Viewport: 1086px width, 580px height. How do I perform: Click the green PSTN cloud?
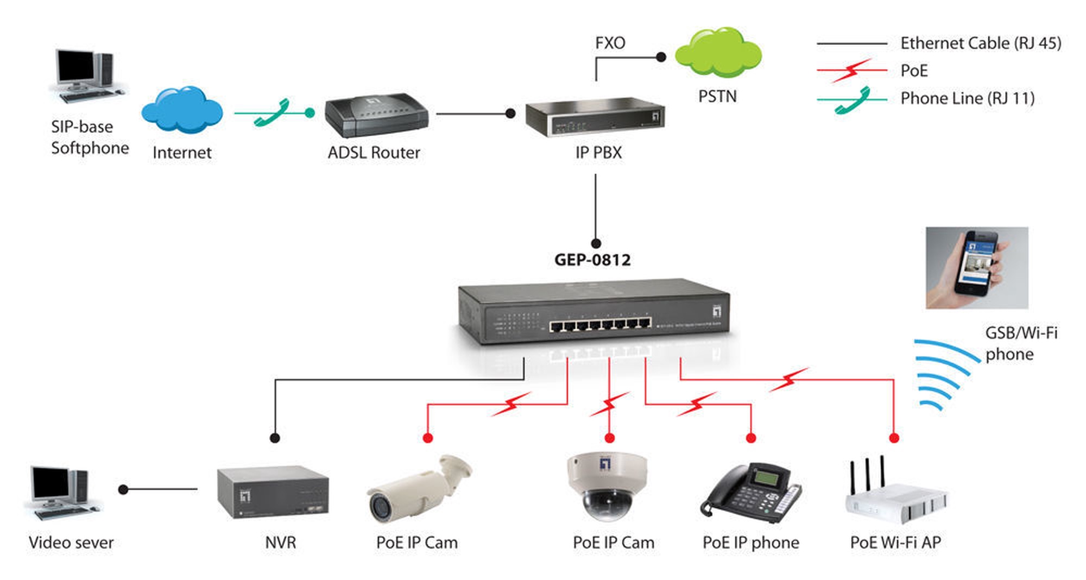point(718,53)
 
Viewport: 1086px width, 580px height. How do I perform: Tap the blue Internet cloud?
point(182,110)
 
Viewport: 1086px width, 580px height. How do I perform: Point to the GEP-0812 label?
point(592,260)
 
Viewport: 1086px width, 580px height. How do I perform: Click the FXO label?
point(610,43)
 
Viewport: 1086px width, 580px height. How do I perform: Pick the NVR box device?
point(273,492)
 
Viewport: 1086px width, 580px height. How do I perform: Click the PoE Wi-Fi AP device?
point(896,491)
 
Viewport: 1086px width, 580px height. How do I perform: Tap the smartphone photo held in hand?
point(977,268)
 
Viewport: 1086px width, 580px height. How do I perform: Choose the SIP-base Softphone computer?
point(87,76)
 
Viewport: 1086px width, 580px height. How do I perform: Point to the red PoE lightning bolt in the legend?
point(851,71)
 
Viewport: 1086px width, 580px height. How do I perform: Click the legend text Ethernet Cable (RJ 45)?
point(981,43)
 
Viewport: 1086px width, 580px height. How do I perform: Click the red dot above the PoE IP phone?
point(751,438)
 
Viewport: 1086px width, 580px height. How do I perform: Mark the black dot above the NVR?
point(275,438)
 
